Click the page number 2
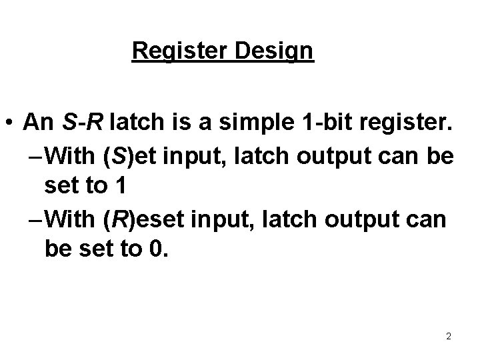click(449, 336)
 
